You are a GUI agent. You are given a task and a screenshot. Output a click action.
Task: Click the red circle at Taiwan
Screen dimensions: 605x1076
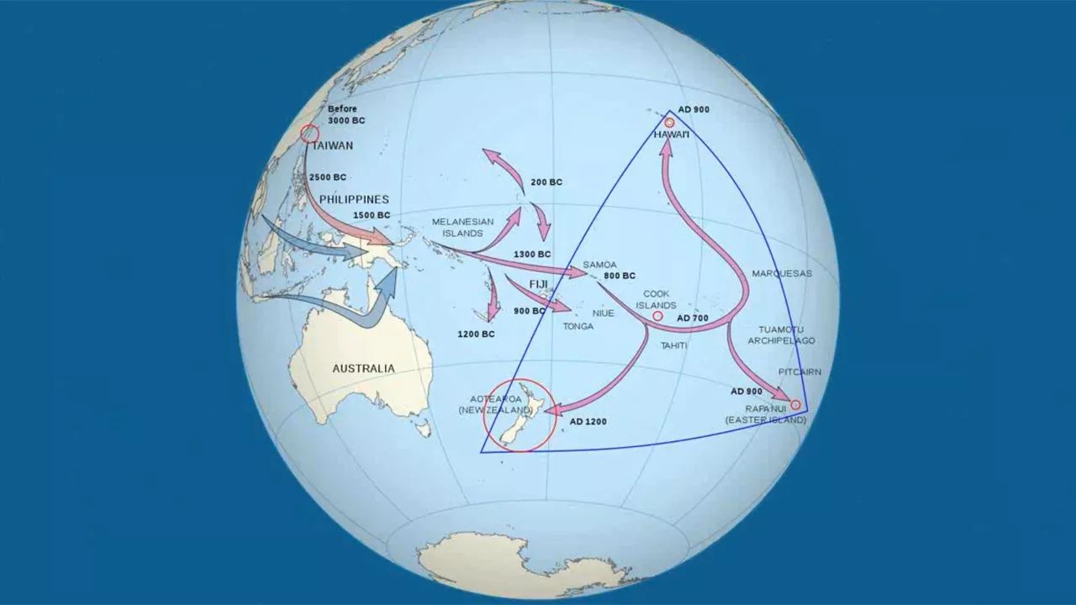click(309, 134)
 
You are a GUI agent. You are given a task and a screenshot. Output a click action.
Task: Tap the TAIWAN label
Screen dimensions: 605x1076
click(332, 145)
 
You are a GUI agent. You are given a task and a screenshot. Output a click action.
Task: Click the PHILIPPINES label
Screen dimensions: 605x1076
click(354, 199)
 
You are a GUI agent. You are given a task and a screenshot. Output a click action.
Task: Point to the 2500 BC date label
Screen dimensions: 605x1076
click(328, 177)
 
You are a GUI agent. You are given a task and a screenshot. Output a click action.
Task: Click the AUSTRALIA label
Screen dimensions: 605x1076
click(363, 368)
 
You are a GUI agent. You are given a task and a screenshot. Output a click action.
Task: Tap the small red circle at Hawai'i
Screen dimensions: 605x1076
click(669, 123)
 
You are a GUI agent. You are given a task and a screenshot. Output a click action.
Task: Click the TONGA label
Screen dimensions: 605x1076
click(578, 326)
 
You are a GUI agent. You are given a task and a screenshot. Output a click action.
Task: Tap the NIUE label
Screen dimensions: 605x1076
click(604, 313)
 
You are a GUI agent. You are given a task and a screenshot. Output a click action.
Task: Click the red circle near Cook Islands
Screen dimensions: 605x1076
click(657, 317)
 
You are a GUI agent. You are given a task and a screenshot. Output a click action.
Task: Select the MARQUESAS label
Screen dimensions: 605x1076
click(782, 274)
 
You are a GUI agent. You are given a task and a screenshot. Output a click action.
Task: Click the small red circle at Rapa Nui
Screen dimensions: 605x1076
click(795, 405)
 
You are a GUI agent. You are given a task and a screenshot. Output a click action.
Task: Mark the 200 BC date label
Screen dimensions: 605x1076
click(546, 182)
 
